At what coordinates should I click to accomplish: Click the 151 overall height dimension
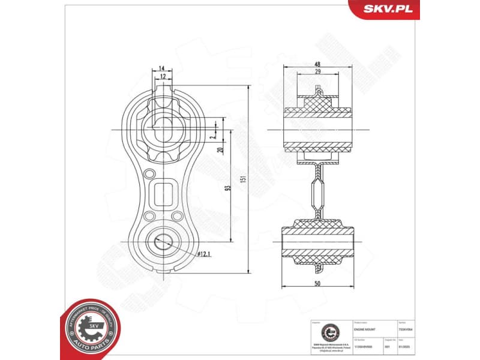243,183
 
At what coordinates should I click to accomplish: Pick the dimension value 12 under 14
162,77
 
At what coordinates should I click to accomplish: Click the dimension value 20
220,151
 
